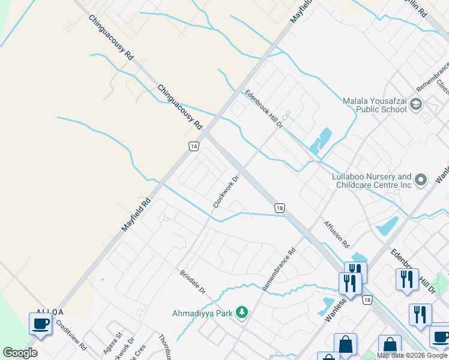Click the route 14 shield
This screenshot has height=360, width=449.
pyautogui.click(x=193, y=146)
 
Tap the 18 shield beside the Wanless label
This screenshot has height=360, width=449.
pyautogui.click(x=367, y=299)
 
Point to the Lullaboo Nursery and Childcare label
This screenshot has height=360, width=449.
pyautogui.click(x=372, y=181)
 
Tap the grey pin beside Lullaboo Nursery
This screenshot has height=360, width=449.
pyautogui.click(x=420, y=179)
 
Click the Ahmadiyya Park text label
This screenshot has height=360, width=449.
pyautogui.click(x=202, y=313)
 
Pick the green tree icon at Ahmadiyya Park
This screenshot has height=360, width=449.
pyautogui.click(x=241, y=312)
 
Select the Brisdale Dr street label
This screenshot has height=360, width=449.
pyautogui.click(x=193, y=281)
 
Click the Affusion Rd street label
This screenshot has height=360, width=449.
pyautogui.click(x=336, y=235)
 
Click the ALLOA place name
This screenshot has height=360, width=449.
pyautogui.click(x=49, y=311)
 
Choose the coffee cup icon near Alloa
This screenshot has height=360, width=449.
pyautogui.click(x=40, y=324)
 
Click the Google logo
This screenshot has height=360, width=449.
pyautogui.click(x=20, y=353)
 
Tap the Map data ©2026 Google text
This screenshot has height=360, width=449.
pyautogui.click(x=412, y=355)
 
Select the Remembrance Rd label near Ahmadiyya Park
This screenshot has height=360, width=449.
pyautogui.click(x=279, y=269)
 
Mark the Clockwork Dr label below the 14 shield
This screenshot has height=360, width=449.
pyautogui.click(x=226, y=191)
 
